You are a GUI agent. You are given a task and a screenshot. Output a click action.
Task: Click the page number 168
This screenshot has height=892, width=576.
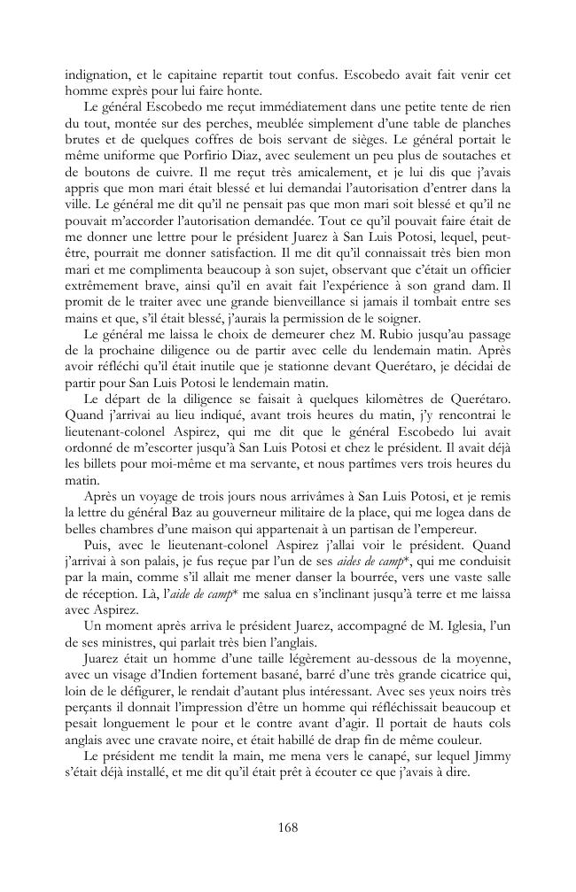click(287, 827)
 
